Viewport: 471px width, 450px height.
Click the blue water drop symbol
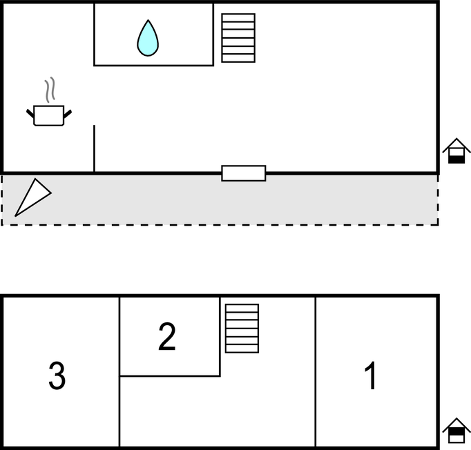pyautogui.click(x=148, y=39)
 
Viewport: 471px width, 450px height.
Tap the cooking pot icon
pyautogui.click(x=48, y=115)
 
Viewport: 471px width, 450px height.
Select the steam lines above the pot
pyautogui.click(x=48, y=90)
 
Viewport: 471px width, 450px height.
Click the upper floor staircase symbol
pyautogui.click(x=238, y=38)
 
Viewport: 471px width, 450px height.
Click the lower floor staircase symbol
pyautogui.click(x=242, y=328)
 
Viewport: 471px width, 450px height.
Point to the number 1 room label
pyautogui.click(x=371, y=376)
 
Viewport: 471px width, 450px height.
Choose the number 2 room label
pyautogui.click(x=167, y=337)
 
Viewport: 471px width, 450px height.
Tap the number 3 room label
pyautogui.click(x=57, y=376)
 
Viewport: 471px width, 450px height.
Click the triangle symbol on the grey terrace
pyautogui.click(x=31, y=197)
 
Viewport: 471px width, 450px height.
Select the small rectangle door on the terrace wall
pyautogui.click(x=243, y=173)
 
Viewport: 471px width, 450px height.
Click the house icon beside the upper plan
pyautogui.click(x=456, y=151)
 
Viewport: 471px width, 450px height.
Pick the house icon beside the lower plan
pyautogui.click(x=456, y=431)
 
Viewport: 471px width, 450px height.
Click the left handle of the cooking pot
pyautogui.click(x=30, y=112)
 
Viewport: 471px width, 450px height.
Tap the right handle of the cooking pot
pyautogui.click(x=67, y=112)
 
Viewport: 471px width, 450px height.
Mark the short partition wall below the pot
pyautogui.click(x=94, y=148)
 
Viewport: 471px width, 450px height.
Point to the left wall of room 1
pyautogui.click(x=316, y=373)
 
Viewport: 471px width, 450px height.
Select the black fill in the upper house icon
pyautogui.click(x=456, y=158)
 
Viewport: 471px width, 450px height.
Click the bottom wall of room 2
pyautogui.click(x=170, y=376)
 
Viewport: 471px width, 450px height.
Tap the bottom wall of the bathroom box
pyautogui.click(x=153, y=66)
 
